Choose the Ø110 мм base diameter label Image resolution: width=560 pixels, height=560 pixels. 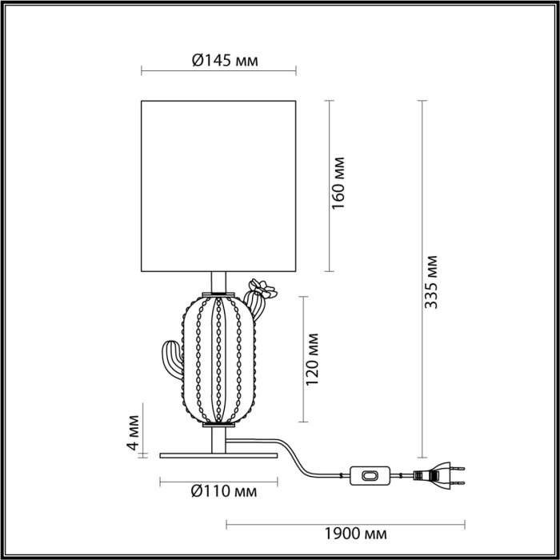[x=223, y=492]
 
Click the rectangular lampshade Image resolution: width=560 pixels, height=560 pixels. [x=218, y=185]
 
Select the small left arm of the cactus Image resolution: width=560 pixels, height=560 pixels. [x=170, y=361]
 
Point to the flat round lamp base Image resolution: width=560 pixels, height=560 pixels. [x=218, y=455]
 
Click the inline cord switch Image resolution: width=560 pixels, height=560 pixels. [x=370, y=475]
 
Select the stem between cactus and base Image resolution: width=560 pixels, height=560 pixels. [x=218, y=439]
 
